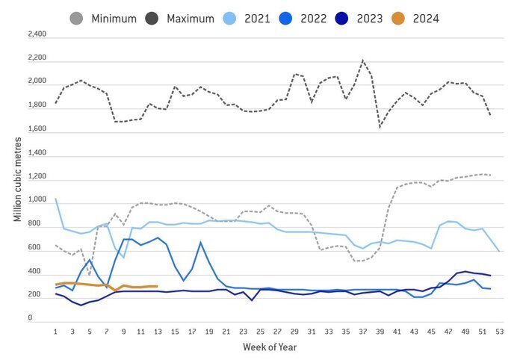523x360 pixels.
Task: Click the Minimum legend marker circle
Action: coord(75,18)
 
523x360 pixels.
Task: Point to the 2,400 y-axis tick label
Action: coord(36,35)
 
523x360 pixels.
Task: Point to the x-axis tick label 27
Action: coord(276,332)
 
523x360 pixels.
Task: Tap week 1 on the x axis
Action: coord(56,332)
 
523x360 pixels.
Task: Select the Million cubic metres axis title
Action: coord(16,175)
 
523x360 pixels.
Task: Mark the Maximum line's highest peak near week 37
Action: coord(362,60)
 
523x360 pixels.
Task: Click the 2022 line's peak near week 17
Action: coord(200,242)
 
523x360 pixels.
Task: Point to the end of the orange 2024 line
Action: coord(157,286)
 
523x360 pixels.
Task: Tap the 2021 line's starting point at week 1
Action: coord(56,199)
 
